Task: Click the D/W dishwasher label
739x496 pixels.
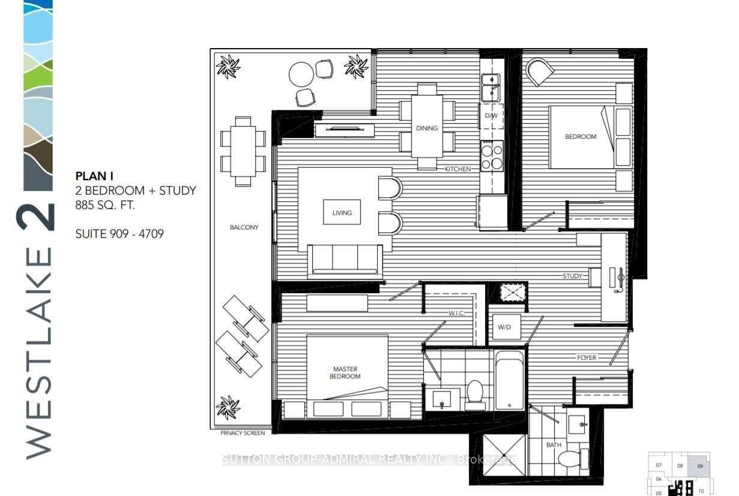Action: [491, 116]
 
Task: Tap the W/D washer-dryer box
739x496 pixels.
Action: [507, 327]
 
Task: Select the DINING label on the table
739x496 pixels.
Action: [427, 128]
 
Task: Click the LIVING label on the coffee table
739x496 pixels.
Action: [342, 213]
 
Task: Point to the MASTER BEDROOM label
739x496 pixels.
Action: [345, 372]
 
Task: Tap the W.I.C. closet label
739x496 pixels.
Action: [456, 313]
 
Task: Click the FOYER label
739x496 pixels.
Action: [587, 357]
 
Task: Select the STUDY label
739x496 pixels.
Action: [572, 276]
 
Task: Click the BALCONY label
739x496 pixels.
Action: [244, 227]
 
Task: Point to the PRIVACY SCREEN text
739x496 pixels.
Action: [243, 433]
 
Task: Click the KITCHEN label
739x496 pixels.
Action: [457, 169]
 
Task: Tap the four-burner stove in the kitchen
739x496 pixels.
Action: [492, 156]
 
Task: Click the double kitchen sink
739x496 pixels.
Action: [490, 88]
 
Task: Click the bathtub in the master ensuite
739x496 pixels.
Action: [510, 380]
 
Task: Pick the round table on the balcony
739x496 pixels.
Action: [301, 74]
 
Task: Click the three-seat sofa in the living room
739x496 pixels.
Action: [345, 261]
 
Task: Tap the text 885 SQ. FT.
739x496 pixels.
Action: [105, 205]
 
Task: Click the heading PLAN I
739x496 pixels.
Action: [94, 176]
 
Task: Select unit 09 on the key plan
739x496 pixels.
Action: [700, 467]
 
